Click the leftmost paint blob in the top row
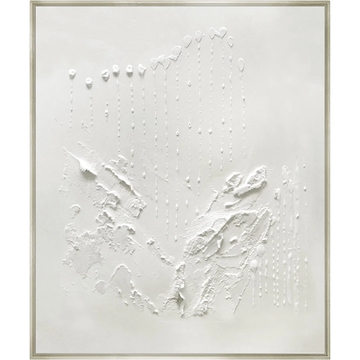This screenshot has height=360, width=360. coord(72,74)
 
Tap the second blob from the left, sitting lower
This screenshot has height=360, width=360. coord(89,82)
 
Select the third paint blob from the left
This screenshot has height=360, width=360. coord(105,75)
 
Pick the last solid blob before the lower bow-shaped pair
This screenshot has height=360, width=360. coord(142,69)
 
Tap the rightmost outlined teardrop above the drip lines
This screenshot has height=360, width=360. coord(241,64)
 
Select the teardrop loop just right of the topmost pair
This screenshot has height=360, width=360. coord(230,41)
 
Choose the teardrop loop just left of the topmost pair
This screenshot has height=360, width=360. coord(198,36)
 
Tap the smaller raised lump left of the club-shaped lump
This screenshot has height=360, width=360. coord(231,180)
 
